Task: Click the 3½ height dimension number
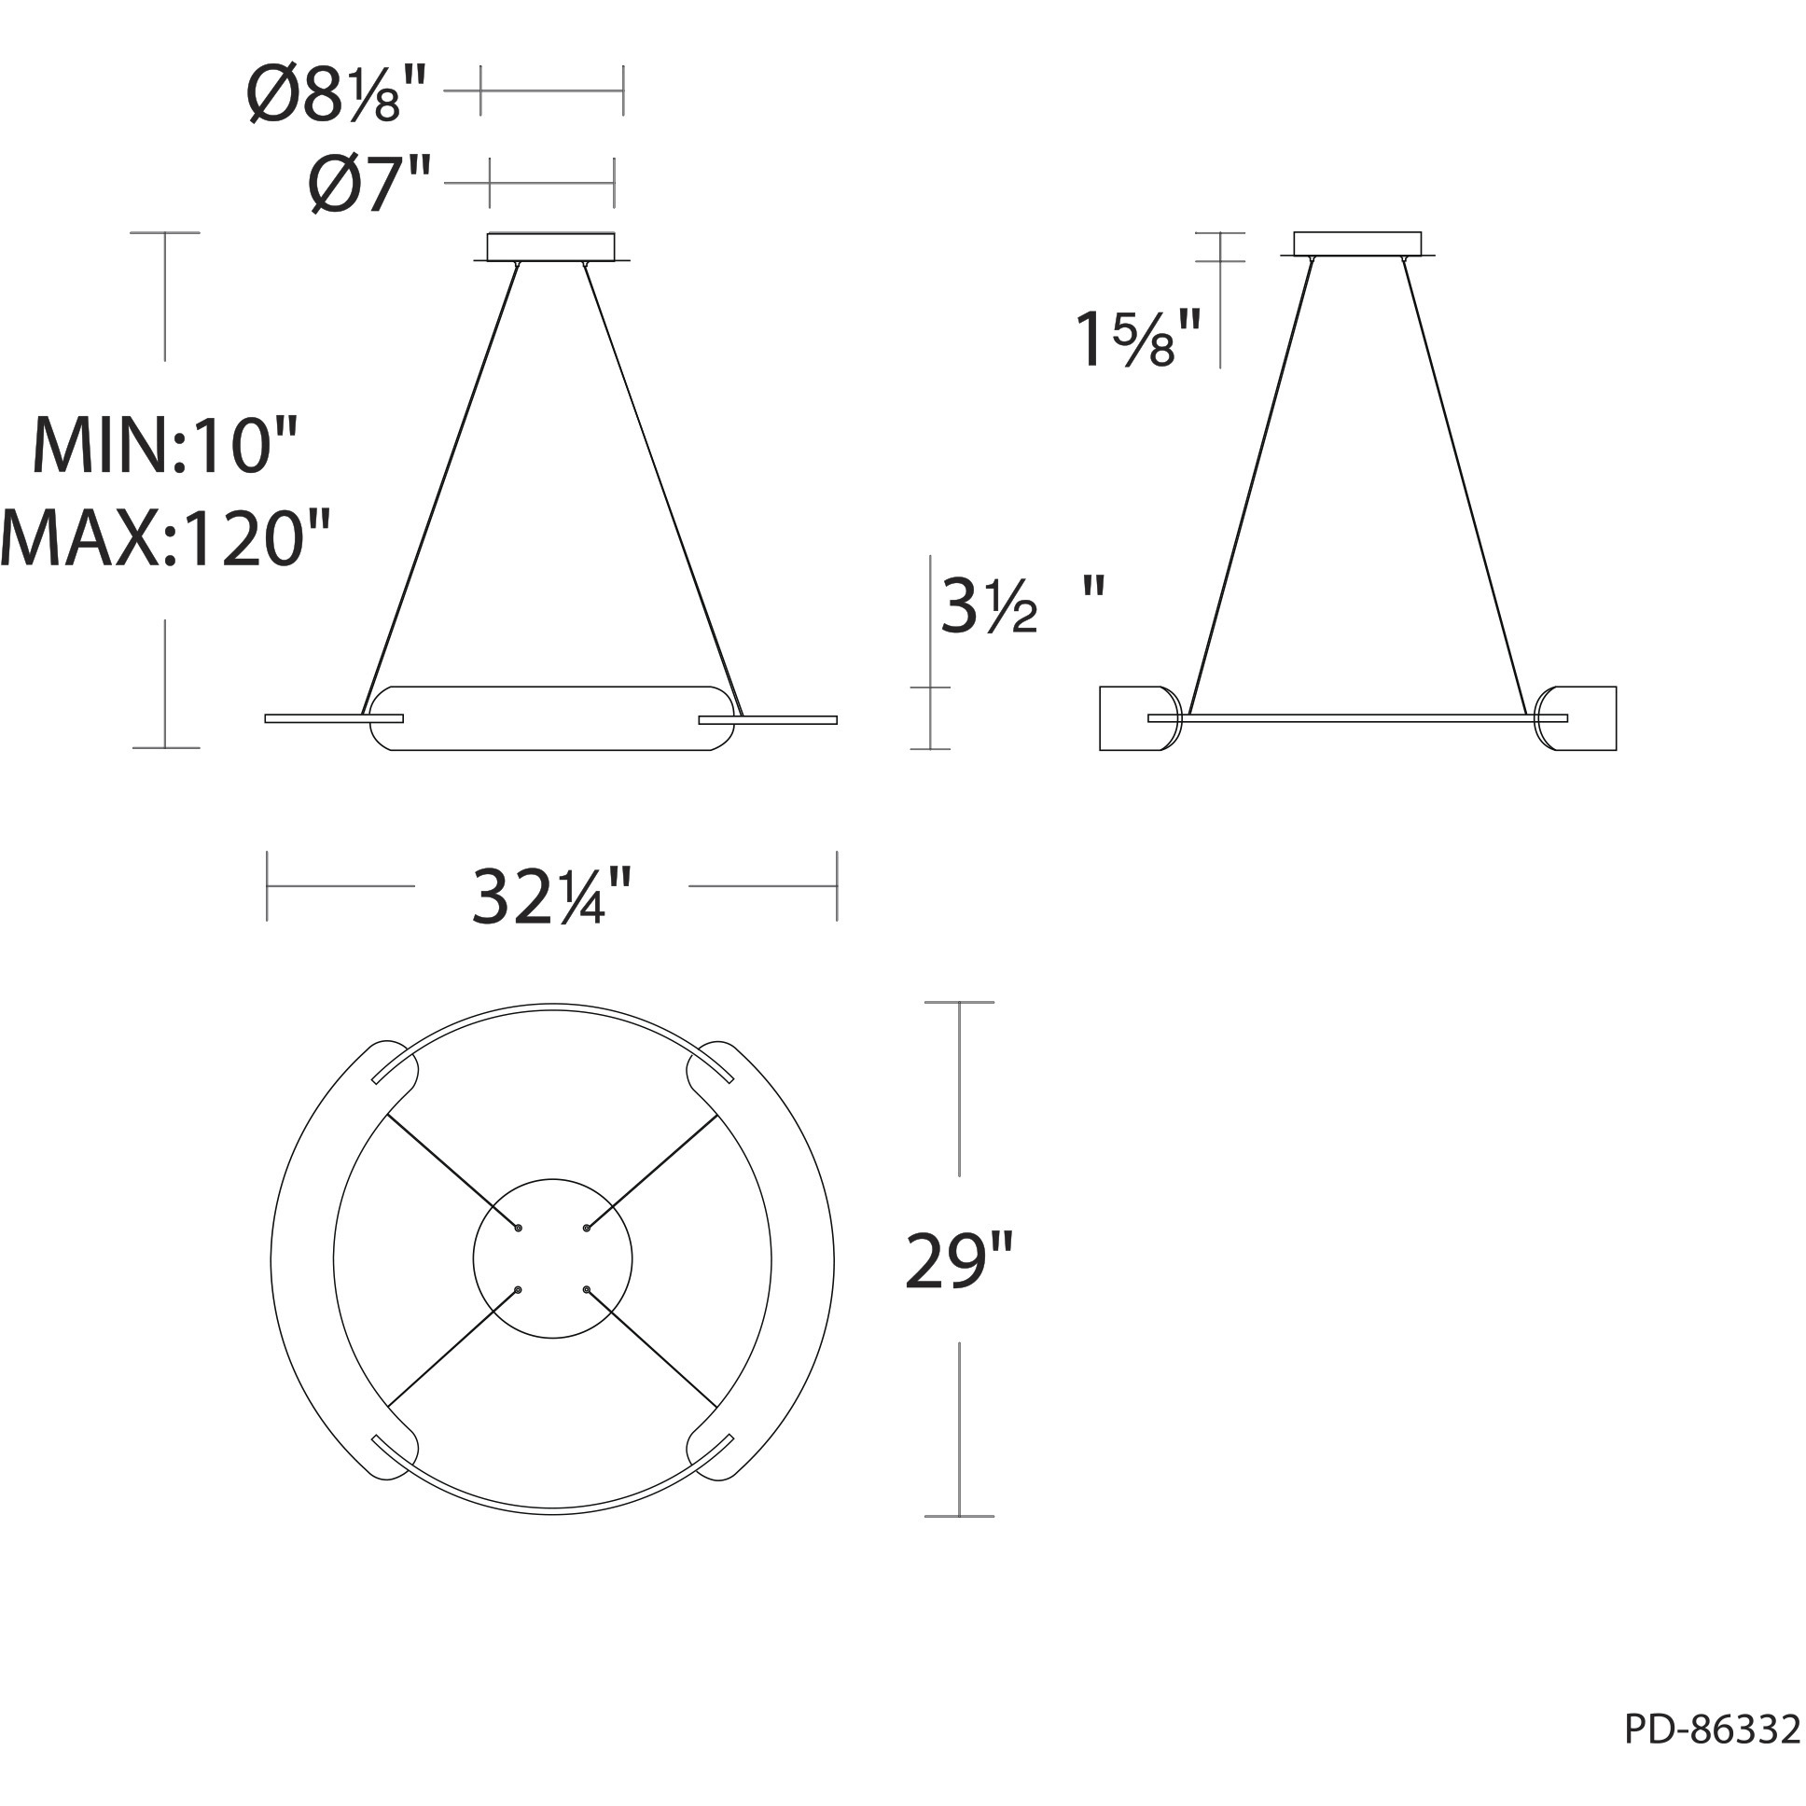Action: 989,605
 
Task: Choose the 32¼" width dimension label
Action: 552,895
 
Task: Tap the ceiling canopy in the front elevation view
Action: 551,247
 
